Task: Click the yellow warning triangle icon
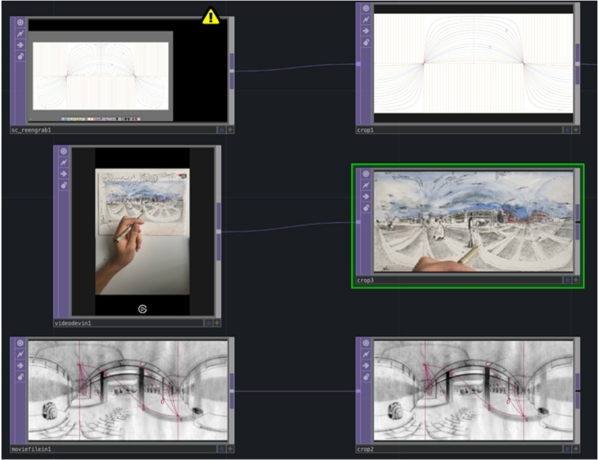click(x=211, y=16)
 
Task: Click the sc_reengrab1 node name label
click(x=31, y=130)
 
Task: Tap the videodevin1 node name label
click(x=73, y=323)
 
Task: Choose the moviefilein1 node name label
click(x=31, y=449)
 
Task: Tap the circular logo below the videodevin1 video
click(x=142, y=309)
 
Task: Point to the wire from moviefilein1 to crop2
click(x=294, y=391)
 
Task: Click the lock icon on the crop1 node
click(x=366, y=42)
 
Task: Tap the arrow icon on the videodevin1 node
click(x=64, y=174)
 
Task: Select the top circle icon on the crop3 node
click(x=366, y=174)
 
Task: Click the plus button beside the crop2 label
click(x=576, y=449)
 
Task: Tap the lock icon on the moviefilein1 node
click(x=20, y=377)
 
